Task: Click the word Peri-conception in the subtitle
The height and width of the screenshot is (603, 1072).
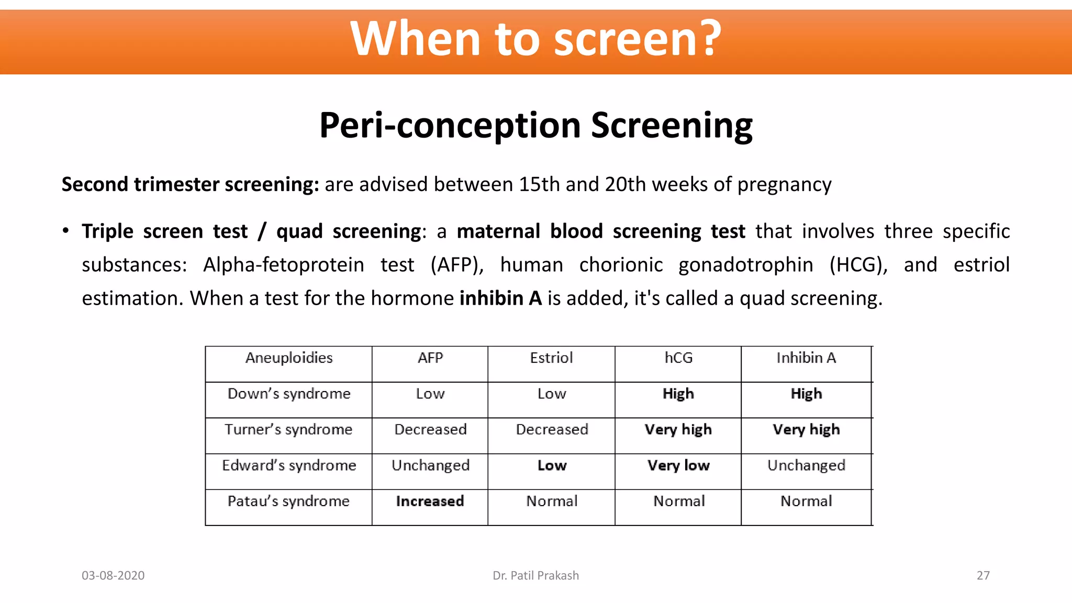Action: tap(450, 126)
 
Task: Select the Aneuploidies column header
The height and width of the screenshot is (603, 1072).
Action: tap(289, 358)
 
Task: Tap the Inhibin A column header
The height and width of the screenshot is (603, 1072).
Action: tap(806, 358)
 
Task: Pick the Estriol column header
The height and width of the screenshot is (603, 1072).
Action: tap(551, 358)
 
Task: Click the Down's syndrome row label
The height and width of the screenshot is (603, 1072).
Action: tap(289, 394)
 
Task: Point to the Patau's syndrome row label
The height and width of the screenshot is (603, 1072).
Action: tap(288, 501)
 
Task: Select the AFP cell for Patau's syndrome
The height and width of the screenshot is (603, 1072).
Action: tap(430, 501)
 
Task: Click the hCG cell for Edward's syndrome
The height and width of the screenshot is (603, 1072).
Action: tap(678, 465)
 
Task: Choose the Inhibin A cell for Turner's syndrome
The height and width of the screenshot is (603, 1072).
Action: tap(806, 430)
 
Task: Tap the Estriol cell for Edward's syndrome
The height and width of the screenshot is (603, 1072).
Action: tap(552, 465)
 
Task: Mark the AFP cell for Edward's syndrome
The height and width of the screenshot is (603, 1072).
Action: tap(430, 465)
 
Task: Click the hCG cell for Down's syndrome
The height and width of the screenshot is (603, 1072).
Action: tap(678, 394)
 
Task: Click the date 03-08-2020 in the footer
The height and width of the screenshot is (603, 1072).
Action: tap(113, 576)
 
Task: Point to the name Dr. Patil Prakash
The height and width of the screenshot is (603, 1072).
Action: tap(535, 576)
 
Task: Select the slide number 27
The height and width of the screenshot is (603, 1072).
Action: tap(983, 576)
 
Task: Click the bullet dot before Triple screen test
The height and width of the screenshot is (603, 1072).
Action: tap(65, 231)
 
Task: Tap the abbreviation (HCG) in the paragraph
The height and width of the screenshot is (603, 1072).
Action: tap(858, 265)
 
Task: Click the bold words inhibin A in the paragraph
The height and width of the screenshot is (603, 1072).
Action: tap(500, 298)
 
